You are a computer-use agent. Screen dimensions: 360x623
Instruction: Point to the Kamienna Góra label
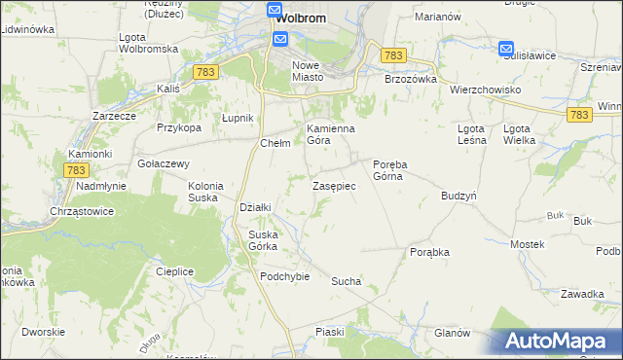pos(331,134)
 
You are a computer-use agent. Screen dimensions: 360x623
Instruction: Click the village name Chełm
pos(275,142)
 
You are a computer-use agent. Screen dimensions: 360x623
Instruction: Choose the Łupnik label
pos(238,118)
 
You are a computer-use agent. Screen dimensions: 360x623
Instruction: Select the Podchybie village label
pos(284,275)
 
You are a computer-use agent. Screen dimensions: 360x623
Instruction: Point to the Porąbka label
pos(429,251)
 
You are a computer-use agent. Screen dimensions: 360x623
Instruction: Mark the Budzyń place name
pos(458,195)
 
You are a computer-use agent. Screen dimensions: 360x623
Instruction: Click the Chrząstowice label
pos(83,210)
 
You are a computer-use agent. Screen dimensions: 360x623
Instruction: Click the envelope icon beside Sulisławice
pos(506,49)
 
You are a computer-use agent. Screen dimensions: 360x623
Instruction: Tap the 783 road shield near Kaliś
pos(204,72)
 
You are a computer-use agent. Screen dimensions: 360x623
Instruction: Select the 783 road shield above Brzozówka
pos(393,56)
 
